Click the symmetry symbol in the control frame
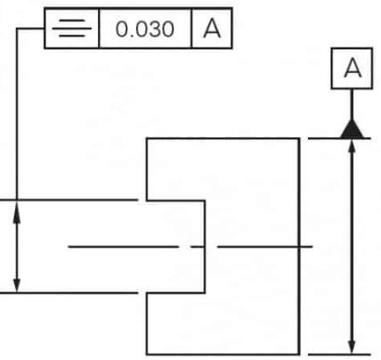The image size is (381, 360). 72,29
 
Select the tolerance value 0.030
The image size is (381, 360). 145,29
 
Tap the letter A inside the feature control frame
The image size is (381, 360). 212,29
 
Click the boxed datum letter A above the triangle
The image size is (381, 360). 353,69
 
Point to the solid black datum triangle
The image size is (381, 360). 352,129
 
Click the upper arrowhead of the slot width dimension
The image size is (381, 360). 17,212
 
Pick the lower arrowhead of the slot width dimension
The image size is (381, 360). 17,282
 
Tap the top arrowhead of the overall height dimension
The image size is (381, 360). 352,146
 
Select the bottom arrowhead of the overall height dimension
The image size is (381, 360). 352,347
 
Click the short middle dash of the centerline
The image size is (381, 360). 198,247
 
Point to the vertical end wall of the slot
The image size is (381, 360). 205,247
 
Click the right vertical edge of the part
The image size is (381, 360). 299,247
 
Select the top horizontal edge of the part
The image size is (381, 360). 223,139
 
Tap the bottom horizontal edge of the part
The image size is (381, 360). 223,354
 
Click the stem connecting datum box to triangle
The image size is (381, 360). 352,104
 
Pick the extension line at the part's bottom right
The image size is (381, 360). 339,354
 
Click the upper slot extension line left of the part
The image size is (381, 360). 69,200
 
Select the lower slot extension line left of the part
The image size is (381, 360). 69,293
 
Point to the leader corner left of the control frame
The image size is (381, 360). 17,29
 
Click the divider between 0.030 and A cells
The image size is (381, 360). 191,29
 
